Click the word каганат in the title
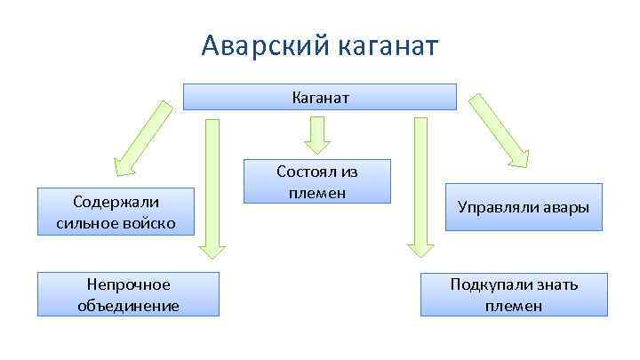[x=388, y=45]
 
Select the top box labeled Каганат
[x=319, y=97]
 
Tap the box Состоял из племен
[x=317, y=181]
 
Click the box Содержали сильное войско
[x=116, y=212]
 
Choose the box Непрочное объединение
[x=128, y=294]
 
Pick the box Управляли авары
[x=524, y=207]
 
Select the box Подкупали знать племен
[x=514, y=294]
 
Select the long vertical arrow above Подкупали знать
[x=415, y=187]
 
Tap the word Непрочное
[x=128, y=284]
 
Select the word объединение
[x=128, y=306]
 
